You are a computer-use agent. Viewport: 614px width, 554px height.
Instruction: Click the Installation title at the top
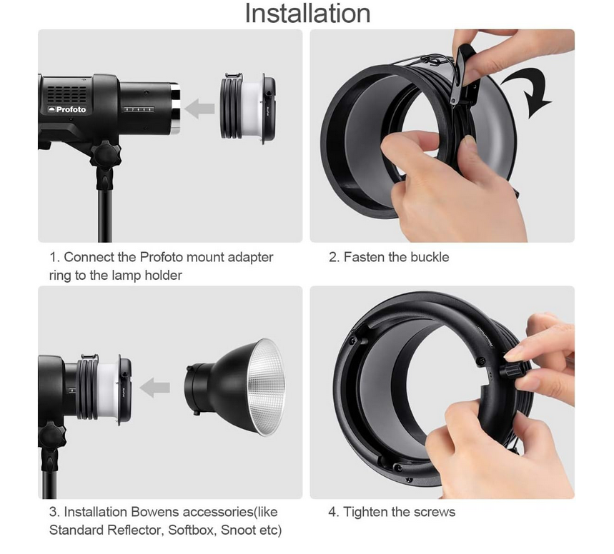[307, 14]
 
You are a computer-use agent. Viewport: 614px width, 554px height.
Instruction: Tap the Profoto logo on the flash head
[66, 109]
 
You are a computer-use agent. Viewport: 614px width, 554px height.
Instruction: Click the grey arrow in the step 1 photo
[199, 109]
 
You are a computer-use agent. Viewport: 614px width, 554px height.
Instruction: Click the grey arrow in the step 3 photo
[154, 388]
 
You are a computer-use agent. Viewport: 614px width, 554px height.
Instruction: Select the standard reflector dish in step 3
[235, 388]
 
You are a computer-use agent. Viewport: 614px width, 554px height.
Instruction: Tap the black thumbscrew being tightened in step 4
[510, 370]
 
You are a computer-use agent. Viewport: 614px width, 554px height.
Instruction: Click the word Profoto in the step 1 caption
[162, 257]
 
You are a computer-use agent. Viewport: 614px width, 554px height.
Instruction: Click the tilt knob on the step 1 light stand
[105, 154]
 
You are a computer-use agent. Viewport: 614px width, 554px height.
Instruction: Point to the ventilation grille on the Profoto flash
[67, 94]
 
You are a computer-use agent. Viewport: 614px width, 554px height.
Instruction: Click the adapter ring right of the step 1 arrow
[248, 107]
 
